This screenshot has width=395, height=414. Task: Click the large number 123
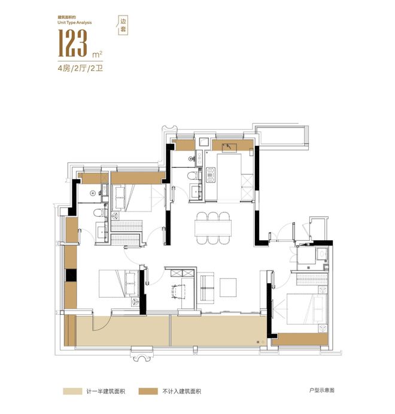coord(72,43)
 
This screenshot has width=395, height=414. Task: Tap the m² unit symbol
coord(97,54)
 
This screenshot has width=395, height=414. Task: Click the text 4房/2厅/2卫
coord(80,69)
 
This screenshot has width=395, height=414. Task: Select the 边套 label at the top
coord(123,25)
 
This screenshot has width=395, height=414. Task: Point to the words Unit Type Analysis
coord(75,23)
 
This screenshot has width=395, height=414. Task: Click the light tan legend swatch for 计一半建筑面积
coord(72,391)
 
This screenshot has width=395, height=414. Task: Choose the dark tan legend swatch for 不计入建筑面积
coord(148,391)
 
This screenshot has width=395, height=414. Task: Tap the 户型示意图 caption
coord(322,390)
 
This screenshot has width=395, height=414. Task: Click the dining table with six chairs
coord(213,228)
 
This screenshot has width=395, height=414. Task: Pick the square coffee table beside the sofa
coord(228,287)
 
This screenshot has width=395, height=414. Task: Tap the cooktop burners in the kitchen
coord(211,174)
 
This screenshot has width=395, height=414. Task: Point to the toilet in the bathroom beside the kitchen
coord(193,175)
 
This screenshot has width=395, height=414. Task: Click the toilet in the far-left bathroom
coord(99,212)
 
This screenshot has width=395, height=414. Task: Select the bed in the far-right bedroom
coord(307,309)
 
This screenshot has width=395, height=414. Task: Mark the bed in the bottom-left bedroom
coord(119,284)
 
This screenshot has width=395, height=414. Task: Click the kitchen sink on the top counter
coord(229,147)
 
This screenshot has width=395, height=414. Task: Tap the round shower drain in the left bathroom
coord(93,193)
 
